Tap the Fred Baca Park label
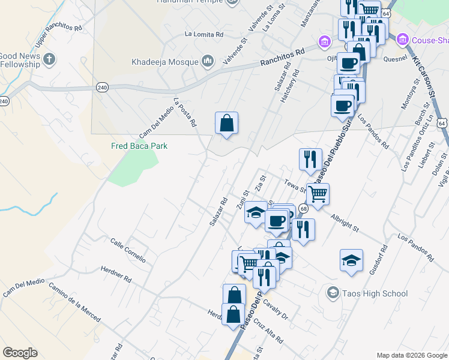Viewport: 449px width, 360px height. (139, 146)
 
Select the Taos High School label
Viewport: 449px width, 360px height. (375, 293)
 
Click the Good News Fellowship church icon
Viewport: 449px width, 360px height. (49, 59)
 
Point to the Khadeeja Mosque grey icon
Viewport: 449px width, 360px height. (208, 61)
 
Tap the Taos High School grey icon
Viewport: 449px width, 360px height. (332, 293)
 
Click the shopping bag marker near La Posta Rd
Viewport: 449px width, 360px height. (226, 124)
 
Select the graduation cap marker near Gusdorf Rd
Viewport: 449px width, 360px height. (351, 260)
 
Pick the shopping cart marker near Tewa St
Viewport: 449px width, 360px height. (318, 194)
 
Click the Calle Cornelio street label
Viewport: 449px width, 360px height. (128, 250)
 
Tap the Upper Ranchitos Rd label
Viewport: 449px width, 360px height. (58, 37)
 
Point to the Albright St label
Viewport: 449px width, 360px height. (344, 223)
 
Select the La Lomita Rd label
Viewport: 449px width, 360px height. (205, 34)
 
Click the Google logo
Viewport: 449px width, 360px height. (20, 353)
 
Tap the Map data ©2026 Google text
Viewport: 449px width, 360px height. (411, 355)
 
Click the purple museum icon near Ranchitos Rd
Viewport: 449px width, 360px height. (325, 41)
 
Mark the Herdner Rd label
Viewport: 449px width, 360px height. (116, 275)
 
